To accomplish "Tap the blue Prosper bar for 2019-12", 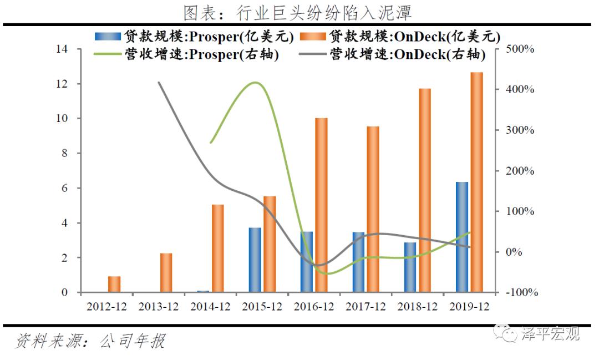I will click(462, 237).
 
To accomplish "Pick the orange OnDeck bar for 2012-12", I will click(114, 284).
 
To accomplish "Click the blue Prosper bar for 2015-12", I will click(255, 260).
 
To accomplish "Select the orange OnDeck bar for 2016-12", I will click(321, 205).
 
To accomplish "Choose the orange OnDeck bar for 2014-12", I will click(218, 248).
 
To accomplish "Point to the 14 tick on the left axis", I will click(62, 49).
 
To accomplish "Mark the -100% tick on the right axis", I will click(519, 292).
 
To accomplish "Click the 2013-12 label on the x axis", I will click(158, 307).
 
